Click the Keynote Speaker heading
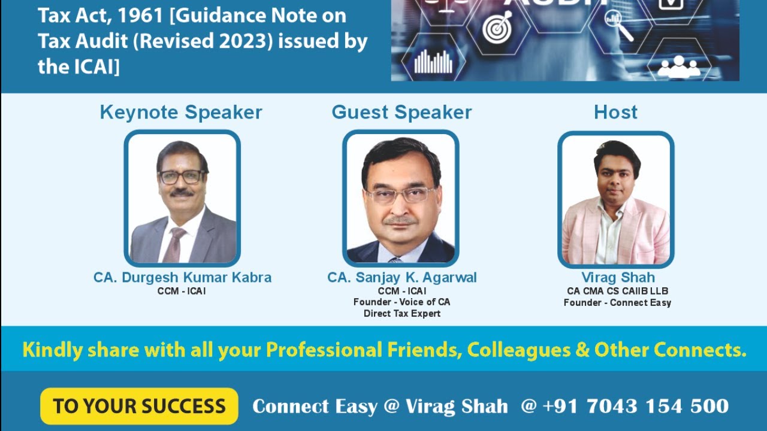(181, 112)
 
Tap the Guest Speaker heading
(401, 112)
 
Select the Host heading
(615, 112)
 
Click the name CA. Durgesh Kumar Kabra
(182, 278)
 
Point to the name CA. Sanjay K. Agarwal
(402, 278)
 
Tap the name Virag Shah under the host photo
(618, 278)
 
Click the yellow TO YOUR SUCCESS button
(139, 406)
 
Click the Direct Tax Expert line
(402, 314)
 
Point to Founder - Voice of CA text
(402, 302)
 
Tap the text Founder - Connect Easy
(617, 303)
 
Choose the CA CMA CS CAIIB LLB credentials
(618, 291)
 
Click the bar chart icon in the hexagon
(433, 61)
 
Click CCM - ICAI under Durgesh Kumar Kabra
(182, 292)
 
